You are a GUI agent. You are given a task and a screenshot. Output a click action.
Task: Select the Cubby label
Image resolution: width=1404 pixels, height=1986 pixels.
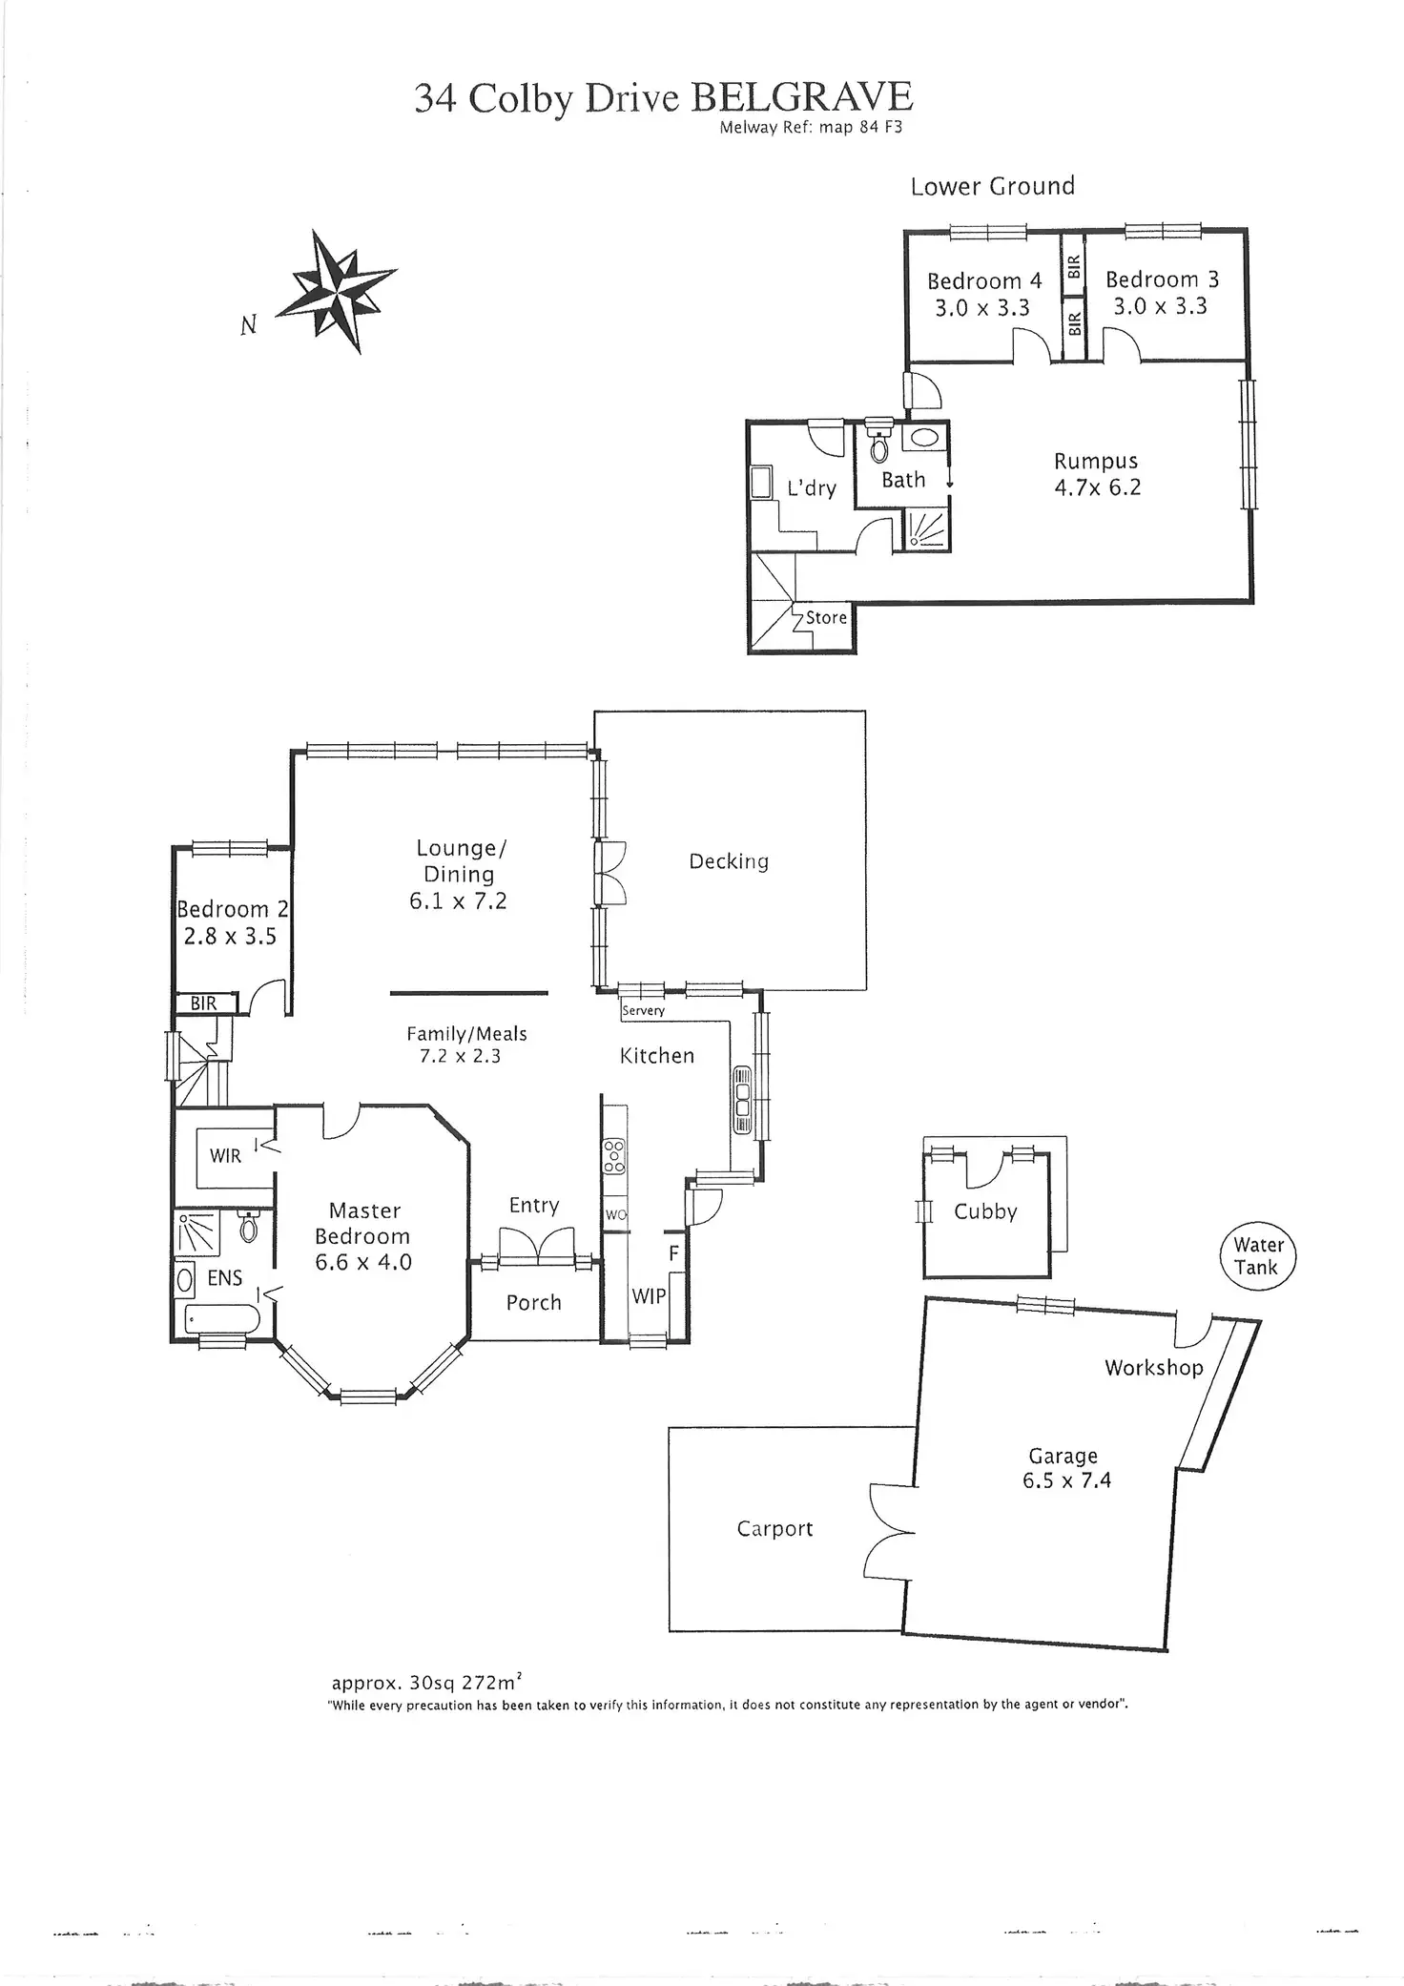click(x=985, y=1211)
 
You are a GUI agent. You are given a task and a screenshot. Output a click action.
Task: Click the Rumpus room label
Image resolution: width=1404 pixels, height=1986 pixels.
click(x=1096, y=462)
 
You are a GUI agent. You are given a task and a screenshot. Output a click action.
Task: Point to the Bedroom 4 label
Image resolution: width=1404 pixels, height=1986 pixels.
click(x=984, y=280)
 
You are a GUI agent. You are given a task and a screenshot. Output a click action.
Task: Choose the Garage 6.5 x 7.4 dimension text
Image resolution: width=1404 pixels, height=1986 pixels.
click(x=1066, y=1481)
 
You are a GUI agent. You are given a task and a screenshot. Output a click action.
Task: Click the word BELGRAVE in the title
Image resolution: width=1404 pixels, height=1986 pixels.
click(x=801, y=97)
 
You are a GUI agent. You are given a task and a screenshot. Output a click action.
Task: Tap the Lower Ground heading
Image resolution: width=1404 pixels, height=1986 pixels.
click(x=992, y=186)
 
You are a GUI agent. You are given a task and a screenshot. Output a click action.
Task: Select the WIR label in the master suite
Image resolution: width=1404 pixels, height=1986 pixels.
click(x=225, y=1156)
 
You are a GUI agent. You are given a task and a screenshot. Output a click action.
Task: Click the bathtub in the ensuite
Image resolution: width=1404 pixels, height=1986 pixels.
click(x=222, y=1320)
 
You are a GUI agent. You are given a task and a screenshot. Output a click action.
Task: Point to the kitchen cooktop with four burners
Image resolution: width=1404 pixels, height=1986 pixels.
click(x=614, y=1157)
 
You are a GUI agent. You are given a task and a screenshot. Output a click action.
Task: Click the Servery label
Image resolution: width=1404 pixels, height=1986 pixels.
click(x=643, y=1010)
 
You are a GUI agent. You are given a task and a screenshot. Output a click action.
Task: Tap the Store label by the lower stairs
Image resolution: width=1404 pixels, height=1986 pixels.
click(x=826, y=617)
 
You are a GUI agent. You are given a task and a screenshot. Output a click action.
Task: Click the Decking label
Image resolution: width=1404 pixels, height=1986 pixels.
click(x=729, y=862)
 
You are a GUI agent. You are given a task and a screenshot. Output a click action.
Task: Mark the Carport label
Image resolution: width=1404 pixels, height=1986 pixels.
click(x=774, y=1529)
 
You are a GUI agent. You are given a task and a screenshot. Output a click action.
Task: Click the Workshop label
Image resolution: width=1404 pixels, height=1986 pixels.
click(x=1154, y=1368)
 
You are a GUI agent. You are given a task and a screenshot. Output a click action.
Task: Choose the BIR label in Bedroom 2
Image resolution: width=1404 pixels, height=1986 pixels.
click(x=203, y=1003)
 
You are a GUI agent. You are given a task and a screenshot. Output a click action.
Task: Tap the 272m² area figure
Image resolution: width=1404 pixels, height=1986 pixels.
click(x=487, y=1683)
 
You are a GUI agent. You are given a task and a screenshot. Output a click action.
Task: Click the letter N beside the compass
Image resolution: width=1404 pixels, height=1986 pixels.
click(x=249, y=325)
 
